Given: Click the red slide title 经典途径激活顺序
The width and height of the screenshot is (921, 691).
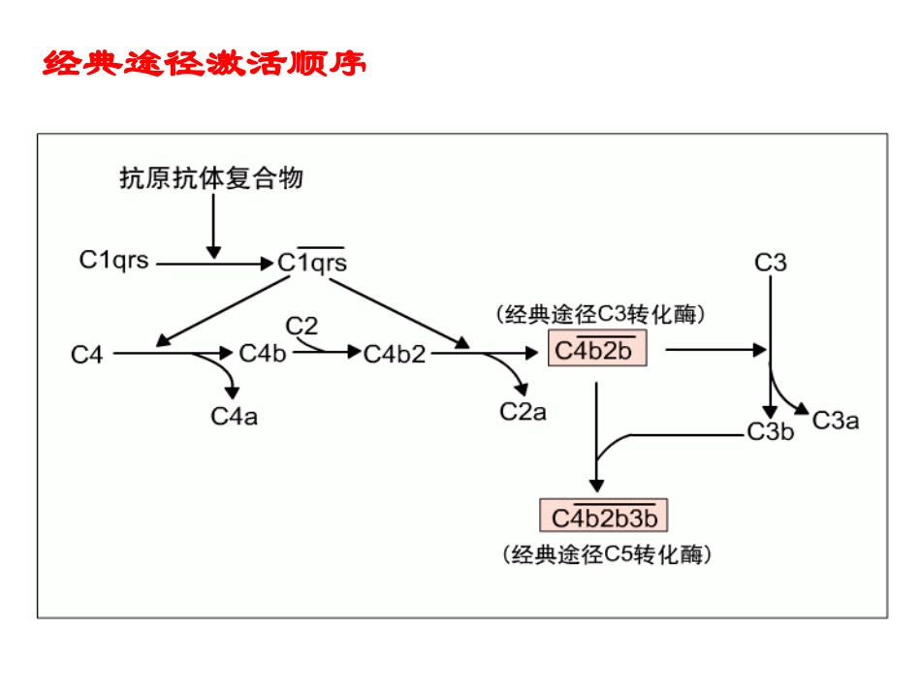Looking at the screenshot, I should pyautogui.click(x=205, y=65).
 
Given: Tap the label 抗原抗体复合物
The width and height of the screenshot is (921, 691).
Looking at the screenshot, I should pyautogui.click(x=210, y=178).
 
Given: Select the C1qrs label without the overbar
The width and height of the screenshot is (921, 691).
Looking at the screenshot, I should pyautogui.click(x=113, y=260).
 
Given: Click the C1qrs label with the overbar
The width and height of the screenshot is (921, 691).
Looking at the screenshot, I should pyautogui.click(x=312, y=263).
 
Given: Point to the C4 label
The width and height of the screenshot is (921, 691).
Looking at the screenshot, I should pyautogui.click(x=86, y=355).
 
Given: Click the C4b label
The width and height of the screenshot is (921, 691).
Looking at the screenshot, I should pyautogui.click(x=263, y=354).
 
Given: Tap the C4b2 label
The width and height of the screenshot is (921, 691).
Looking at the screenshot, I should pyautogui.click(x=395, y=355).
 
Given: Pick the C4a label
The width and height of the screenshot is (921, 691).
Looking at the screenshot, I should pyautogui.click(x=234, y=417).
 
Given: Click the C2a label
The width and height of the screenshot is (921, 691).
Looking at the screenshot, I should pyautogui.click(x=523, y=412).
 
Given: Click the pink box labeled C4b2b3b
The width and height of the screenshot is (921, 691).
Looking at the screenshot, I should pyautogui.click(x=604, y=518).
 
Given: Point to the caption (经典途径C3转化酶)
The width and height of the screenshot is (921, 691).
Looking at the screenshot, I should pyautogui.click(x=599, y=314).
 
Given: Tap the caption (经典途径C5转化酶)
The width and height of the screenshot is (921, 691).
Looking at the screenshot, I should pyautogui.click(x=607, y=555).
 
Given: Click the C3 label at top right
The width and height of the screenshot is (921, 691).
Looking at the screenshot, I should pyautogui.click(x=771, y=263).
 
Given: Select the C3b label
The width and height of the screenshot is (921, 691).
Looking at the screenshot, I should pyautogui.click(x=770, y=432).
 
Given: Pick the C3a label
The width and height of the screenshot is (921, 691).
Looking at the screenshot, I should pyautogui.click(x=835, y=420).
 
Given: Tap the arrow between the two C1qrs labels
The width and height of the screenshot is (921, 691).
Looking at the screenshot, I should pyautogui.click(x=213, y=262).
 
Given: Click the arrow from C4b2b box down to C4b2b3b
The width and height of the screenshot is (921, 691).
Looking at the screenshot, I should pyautogui.click(x=597, y=436).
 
